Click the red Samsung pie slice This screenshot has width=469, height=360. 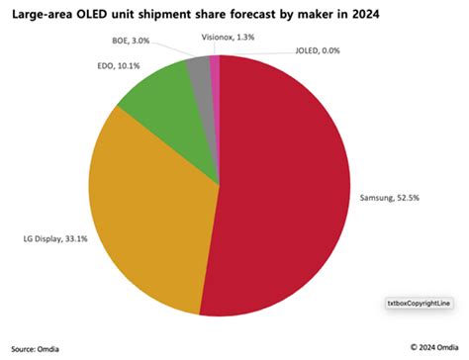287,188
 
